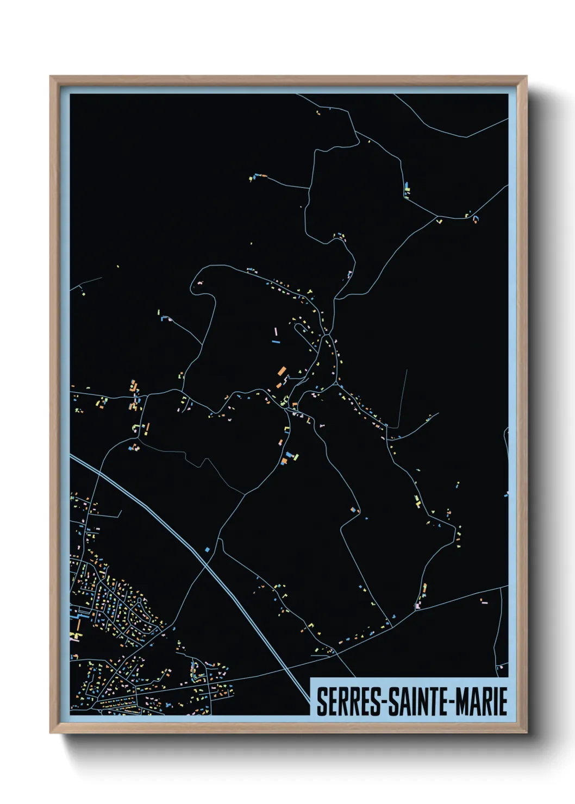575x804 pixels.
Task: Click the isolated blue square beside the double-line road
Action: coord(207,550)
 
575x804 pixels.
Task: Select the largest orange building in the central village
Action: coord(282,372)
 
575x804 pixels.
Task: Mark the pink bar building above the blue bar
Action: coord(276,331)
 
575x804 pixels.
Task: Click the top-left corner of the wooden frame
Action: coord(51,77)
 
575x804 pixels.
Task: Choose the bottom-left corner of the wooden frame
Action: coord(51,733)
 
